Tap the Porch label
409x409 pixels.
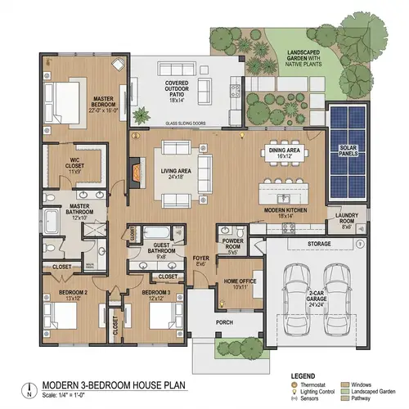click(x=226, y=321)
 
